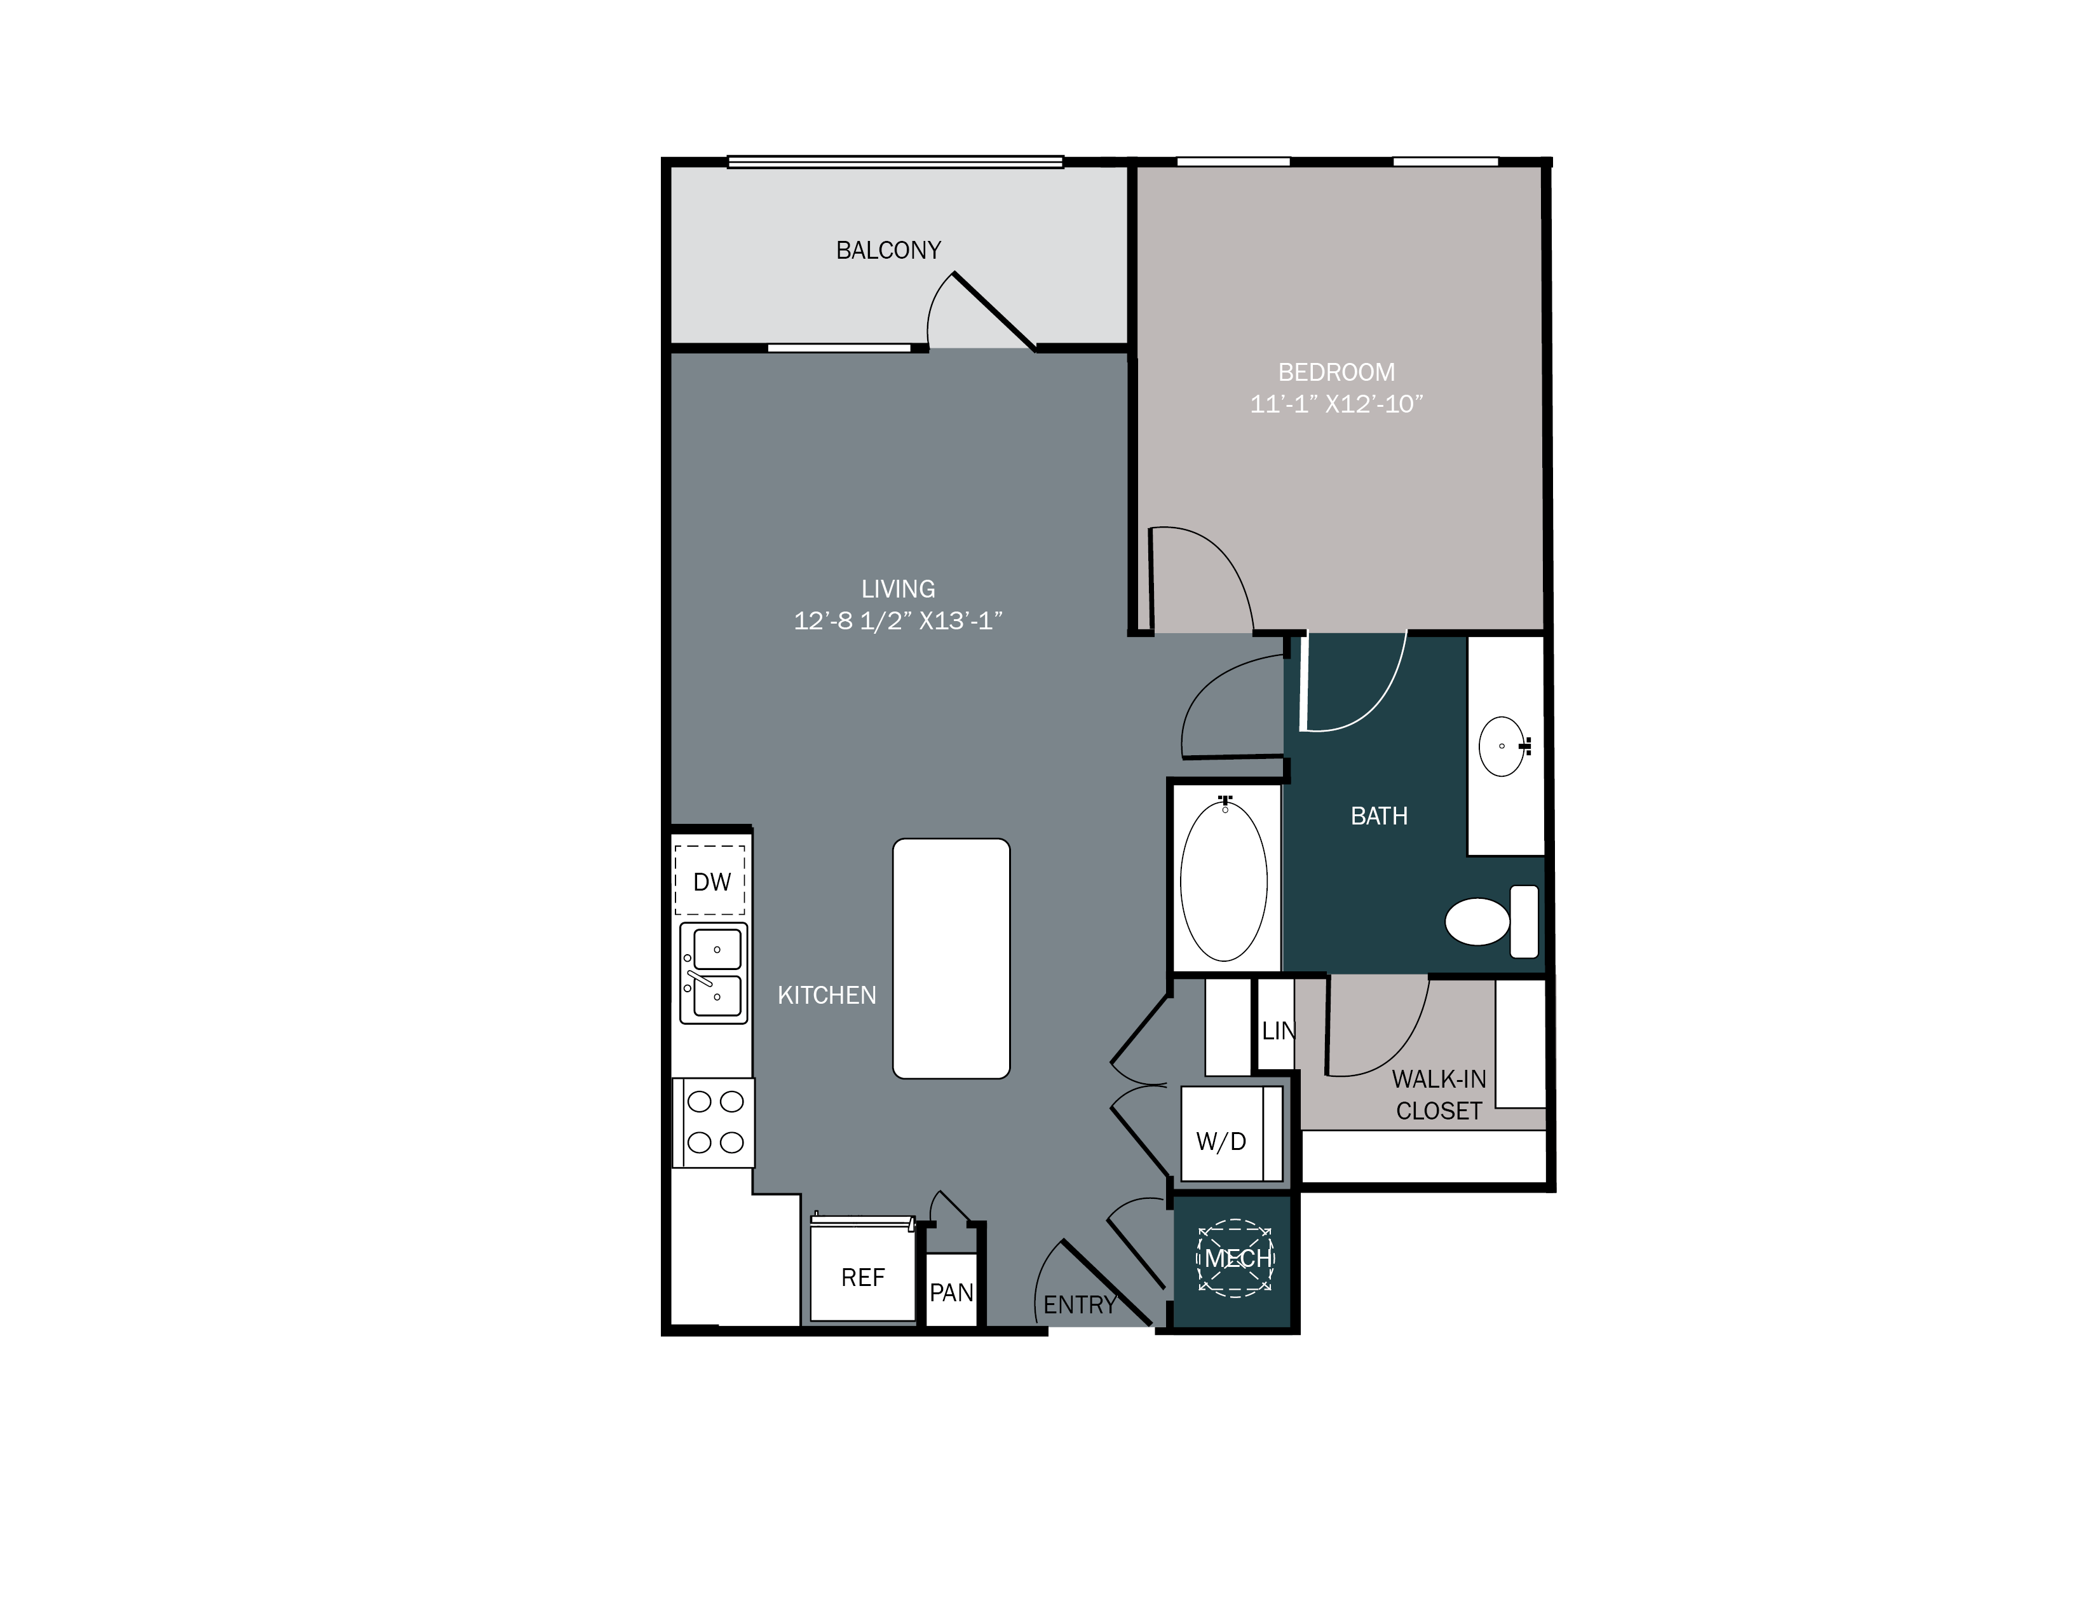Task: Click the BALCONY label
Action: tap(888, 250)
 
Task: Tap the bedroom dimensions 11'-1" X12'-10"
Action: tap(1336, 404)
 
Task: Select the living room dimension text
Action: tap(898, 621)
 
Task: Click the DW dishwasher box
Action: tap(710, 880)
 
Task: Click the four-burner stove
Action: tap(714, 1121)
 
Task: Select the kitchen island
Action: tap(951, 959)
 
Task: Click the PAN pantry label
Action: tap(951, 1292)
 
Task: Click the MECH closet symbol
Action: tap(1235, 1258)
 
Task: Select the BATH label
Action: tap(1379, 816)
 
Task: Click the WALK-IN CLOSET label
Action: tap(1438, 1095)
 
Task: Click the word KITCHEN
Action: tap(827, 996)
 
